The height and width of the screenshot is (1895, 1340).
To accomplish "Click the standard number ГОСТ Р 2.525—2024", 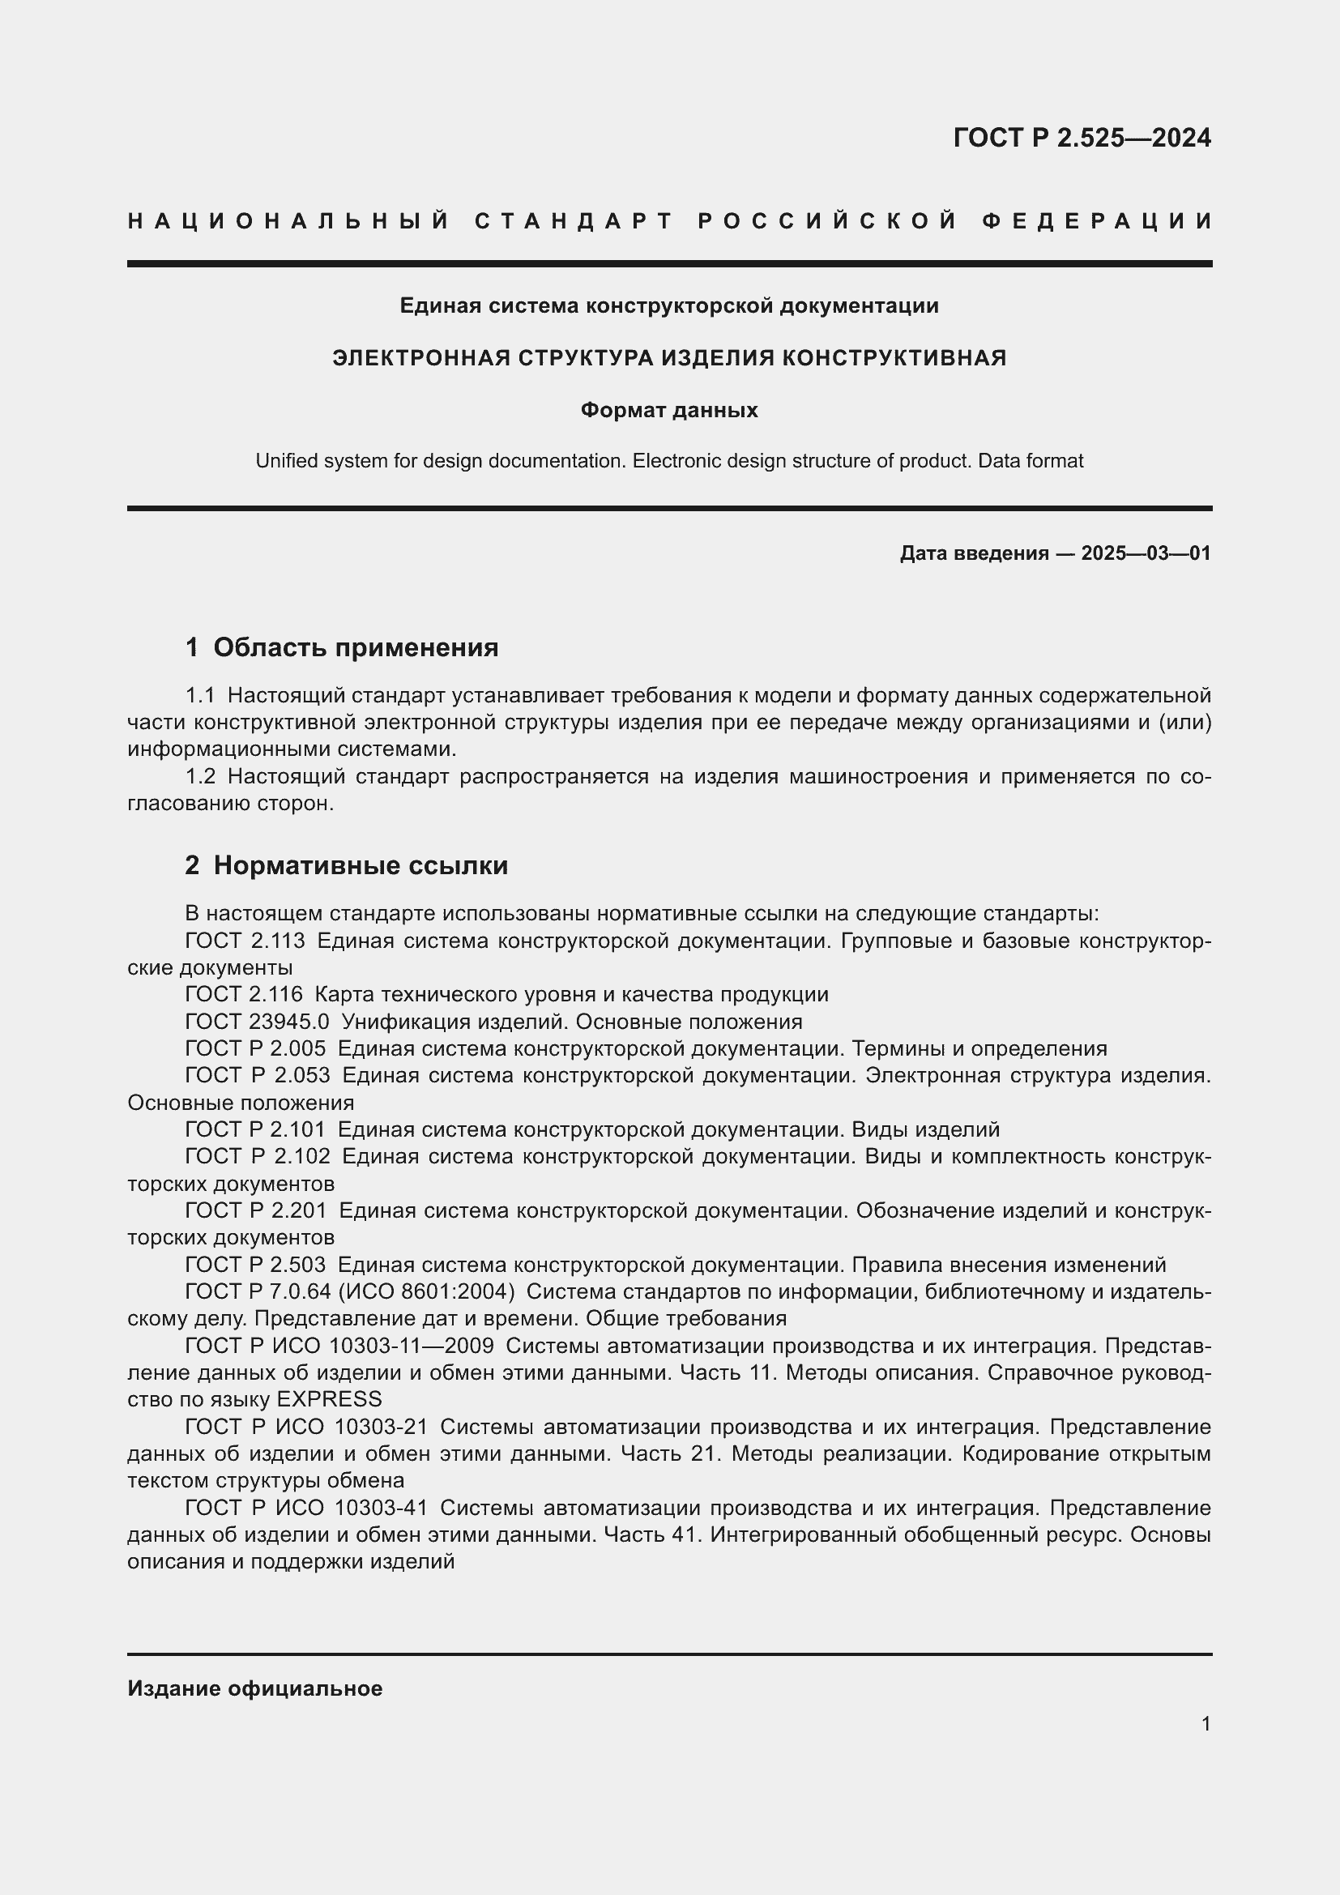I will point(1081,138).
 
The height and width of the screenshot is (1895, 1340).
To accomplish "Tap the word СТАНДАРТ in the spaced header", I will point(574,221).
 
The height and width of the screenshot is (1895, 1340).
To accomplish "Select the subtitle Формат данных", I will point(669,410).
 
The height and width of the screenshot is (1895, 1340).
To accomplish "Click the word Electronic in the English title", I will point(676,461).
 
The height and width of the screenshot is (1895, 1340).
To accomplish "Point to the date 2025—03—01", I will point(1146,553).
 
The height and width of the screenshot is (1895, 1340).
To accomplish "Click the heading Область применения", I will point(356,648).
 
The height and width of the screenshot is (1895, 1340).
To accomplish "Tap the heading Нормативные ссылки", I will point(361,866).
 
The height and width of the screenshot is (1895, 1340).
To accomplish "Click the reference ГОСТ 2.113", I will point(245,941).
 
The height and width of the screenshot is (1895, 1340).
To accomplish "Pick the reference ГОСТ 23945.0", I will point(258,1022).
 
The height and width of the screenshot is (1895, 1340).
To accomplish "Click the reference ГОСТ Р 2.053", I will point(258,1075).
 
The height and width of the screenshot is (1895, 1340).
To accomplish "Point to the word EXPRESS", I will point(329,1399).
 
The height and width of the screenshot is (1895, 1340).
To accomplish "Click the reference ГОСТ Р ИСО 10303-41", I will point(306,1508).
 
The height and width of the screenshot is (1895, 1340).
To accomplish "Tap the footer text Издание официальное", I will point(255,1688).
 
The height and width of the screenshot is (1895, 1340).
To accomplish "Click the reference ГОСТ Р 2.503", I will point(255,1265).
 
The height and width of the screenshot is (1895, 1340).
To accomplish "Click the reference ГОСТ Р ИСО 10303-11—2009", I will point(339,1346).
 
